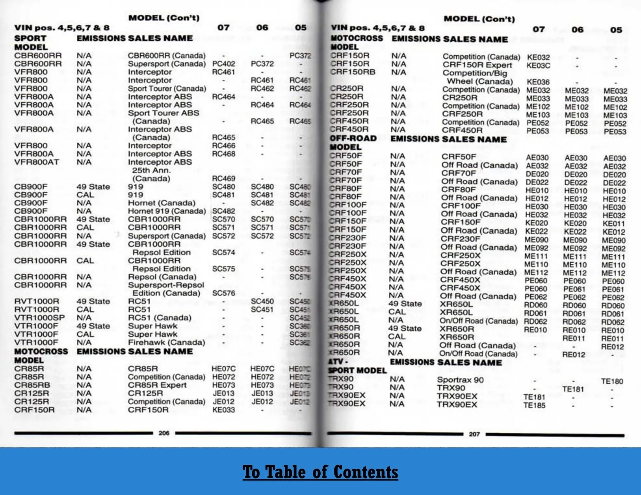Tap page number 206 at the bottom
point(164,433)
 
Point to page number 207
point(474,434)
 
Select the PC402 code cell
point(223,64)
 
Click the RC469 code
point(223,179)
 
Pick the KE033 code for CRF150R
point(223,410)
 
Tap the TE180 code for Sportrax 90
point(612,382)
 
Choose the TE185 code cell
point(534,405)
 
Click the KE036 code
point(538,82)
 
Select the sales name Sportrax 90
point(460,380)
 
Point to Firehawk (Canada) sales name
point(166,342)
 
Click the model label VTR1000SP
point(39,318)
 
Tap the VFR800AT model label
point(36,162)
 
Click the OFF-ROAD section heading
point(353,139)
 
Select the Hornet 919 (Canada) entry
point(167,211)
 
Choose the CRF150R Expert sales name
point(477,65)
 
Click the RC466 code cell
point(223,146)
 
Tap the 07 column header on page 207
point(538,30)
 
